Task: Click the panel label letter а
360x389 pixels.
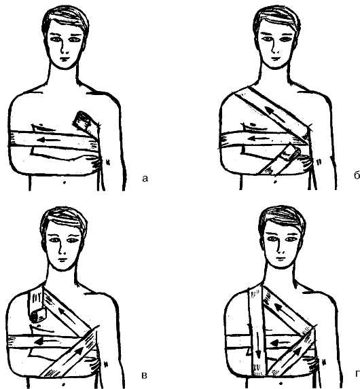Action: pyautogui.click(x=145, y=179)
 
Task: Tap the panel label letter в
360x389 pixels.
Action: pyautogui.click(x=144, y=375)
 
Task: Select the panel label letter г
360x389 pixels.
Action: pyautogui.click(x=358, y=373)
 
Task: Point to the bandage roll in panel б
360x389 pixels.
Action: pyautogui.click(x=291, y=153)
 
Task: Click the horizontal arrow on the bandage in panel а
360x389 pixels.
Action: pyautogui.click(x=48, y=140)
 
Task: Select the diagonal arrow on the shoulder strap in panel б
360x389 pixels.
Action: pyautogui.click(x=274, y=115)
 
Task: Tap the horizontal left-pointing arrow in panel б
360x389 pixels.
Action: pyautogui.click(x=259, y=138)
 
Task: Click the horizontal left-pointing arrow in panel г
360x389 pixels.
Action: pyautogui.click(x=277, y=344)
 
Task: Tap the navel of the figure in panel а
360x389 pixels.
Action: pyautogui.click(x=65, y=183)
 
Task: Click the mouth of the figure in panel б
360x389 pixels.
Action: pyautogui.click(x=276, y=59)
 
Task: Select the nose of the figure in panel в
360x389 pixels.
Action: pyautogui.click(x=61, y=251)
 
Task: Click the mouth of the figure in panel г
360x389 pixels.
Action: pyautogui.click(x=281, y=259)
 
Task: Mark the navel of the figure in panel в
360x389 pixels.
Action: pyautogui.click(x=64, y=384)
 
